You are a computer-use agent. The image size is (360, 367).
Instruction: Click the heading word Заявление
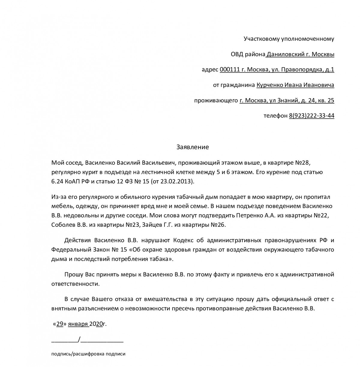[x=192, y=147]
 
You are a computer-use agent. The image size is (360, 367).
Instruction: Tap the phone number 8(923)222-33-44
[x=311, y=116]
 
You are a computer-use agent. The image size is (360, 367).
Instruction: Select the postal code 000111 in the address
[x=230, y=70]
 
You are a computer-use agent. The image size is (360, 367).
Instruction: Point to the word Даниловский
[x=285, y=54]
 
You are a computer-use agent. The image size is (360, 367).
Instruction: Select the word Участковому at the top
[x=261, y=39]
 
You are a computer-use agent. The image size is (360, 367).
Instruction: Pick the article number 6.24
[x=57, y=181]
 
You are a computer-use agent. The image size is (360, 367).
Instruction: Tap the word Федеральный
[x=69, y=250]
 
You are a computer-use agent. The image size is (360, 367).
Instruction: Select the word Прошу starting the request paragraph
[x=73, y=274]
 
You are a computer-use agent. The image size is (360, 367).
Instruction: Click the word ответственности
[x=75, y=284]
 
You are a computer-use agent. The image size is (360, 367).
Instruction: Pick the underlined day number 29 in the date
[x=60, y=324]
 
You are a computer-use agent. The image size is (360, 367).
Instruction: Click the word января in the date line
[x=78, y=324]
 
